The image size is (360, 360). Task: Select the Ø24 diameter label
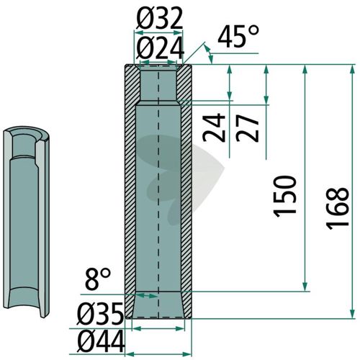160,49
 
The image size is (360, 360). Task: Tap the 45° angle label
238,37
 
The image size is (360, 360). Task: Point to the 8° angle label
98,279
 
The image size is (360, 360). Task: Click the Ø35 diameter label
100,314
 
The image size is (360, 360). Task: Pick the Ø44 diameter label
102,340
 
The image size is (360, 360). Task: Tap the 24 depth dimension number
214,128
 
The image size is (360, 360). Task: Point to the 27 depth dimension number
248,128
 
